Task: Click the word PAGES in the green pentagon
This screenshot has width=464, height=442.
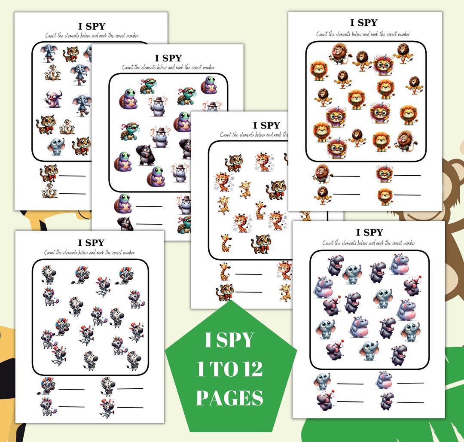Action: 229,397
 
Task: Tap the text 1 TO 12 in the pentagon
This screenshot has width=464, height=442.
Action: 229,369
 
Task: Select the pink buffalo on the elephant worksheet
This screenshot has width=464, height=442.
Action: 53,99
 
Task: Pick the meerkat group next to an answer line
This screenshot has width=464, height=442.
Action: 49,190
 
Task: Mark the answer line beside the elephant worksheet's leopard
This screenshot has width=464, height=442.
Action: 72,176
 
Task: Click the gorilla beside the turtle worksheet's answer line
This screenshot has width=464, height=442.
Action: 125,224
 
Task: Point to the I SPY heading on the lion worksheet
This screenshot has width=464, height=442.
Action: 364,22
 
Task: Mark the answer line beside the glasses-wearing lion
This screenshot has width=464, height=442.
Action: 407,175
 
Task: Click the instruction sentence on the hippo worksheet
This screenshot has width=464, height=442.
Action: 369,243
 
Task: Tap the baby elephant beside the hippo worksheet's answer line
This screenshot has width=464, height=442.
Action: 322,381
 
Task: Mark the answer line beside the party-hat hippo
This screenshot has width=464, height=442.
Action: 350,402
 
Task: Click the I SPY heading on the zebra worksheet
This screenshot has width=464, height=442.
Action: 91,243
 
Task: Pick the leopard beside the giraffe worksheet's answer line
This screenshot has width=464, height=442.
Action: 225,292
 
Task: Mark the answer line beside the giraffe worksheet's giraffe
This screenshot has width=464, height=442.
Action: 248,274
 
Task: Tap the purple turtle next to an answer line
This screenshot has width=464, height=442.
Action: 122,203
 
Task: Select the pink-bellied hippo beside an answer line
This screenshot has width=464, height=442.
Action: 384,380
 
